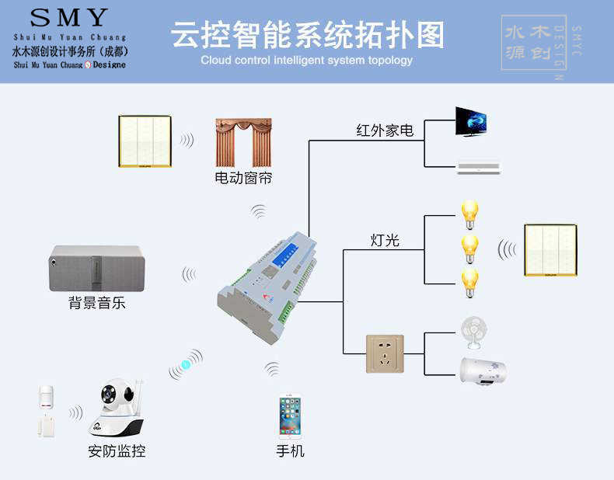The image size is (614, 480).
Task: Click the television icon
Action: [471, 122]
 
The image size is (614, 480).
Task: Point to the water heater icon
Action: [483, 371]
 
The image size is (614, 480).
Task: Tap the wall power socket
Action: [385, 353]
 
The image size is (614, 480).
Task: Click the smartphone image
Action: [290, 418]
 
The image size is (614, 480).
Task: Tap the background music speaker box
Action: [96, 268]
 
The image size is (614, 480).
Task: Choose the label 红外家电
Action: [385, 130]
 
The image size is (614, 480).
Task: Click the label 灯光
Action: [385, 240]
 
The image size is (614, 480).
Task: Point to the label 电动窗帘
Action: [243, 179]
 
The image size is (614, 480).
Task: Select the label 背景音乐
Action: [96, 303]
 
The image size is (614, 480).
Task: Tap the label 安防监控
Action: [117, 450]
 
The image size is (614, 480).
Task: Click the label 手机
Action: [290, 450]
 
